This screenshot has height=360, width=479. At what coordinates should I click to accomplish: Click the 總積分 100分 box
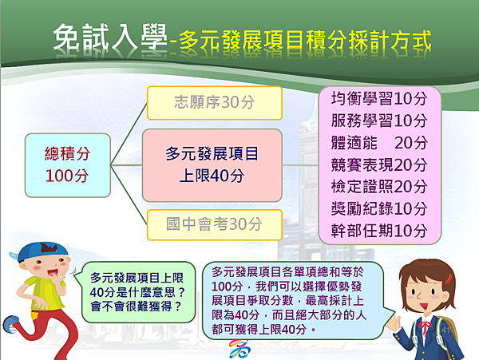[68, 165]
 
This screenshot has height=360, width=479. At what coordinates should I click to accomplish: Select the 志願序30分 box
[214, 103]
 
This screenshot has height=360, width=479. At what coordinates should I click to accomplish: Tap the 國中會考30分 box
[214, 225]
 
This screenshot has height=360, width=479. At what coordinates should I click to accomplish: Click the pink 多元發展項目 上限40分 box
[212, 165]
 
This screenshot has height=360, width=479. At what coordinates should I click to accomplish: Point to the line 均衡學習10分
[379, 99]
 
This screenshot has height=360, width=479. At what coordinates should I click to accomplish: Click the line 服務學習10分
[379, 121]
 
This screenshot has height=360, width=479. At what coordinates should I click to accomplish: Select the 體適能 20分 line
[379, 143]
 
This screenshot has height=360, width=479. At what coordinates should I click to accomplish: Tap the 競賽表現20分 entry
[379, 164]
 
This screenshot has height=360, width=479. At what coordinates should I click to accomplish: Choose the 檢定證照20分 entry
[379, 187]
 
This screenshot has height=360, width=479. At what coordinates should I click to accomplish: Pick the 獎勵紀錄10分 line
[379, 208]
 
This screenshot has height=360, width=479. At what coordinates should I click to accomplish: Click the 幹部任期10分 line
[379, 231]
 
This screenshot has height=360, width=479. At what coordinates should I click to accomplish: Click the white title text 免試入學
[110, 38]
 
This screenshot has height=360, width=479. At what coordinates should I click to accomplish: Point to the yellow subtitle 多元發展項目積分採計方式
[305, 40]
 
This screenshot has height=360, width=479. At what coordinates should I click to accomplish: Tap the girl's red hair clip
[448, 279]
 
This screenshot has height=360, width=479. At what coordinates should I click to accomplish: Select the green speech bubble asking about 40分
[138, 292]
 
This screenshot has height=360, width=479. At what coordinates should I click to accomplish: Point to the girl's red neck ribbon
[425, 327]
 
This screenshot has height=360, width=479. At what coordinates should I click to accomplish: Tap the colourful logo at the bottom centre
[239, 349]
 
